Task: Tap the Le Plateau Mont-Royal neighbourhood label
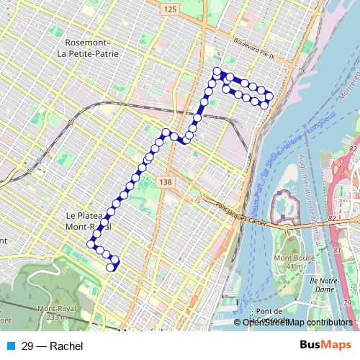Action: [x=88, y=220]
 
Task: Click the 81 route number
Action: [x=338, y=248]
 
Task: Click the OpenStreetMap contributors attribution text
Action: [x=298, y=322]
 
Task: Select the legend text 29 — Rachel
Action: [x=53, y=346]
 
